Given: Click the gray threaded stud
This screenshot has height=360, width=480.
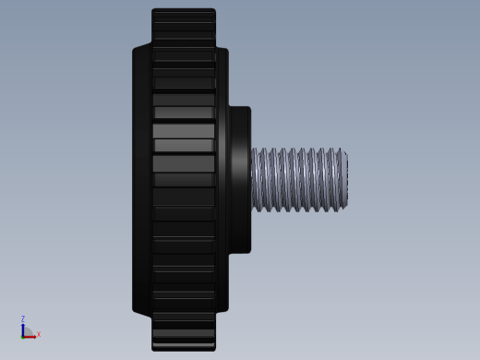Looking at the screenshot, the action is coord(299,180).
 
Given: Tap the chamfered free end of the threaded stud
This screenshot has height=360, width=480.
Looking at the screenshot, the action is coord(345,180).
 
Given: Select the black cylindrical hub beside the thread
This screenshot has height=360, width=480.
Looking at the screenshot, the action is coord(240,180).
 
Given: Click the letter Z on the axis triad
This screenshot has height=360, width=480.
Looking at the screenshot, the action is coord(23,318).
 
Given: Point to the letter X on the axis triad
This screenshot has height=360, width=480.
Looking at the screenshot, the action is coord(39,334).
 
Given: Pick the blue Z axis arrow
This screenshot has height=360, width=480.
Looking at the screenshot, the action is coord(23,330).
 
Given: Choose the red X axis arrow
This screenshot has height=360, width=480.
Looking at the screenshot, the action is coord(30,337).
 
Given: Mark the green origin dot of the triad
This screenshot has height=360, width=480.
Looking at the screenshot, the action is coord(22,338).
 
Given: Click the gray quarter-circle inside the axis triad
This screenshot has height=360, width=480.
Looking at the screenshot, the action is coord(29,331).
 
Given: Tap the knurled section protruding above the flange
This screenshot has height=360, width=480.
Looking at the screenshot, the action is coord(184,27).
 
